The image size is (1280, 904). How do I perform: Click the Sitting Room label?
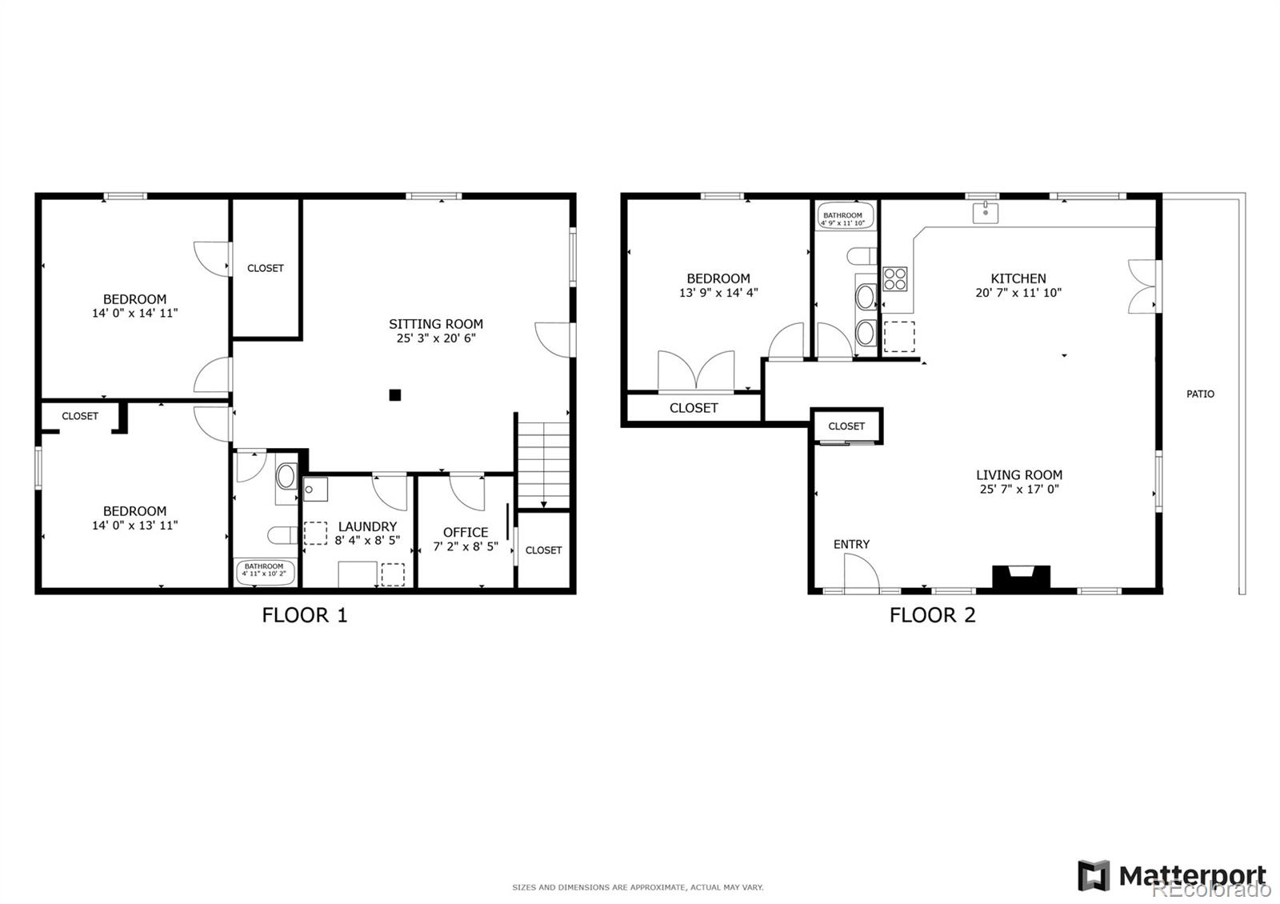436,324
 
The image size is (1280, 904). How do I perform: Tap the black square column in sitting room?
394,394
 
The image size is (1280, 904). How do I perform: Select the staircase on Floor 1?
543,465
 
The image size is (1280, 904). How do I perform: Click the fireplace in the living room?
1021,577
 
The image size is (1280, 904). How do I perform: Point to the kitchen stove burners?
895,278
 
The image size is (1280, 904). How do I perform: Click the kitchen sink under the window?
986,212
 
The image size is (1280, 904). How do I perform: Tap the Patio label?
1199,394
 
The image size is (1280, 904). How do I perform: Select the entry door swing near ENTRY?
861,573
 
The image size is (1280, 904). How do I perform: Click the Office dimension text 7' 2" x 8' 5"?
466,546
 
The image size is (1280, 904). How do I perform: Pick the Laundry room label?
367,526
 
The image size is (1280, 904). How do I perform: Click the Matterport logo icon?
1094,875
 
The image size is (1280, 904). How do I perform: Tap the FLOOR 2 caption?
932,614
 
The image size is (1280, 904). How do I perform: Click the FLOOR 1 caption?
305,614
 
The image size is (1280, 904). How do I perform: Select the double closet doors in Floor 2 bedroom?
696,370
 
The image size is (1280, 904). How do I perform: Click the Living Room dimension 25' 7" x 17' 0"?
1019,489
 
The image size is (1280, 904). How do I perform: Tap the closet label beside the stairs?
543,550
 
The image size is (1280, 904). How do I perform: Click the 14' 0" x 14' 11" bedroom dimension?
134,313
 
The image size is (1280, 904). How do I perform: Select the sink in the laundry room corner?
314,489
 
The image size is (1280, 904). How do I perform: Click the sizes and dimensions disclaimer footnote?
638,887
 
